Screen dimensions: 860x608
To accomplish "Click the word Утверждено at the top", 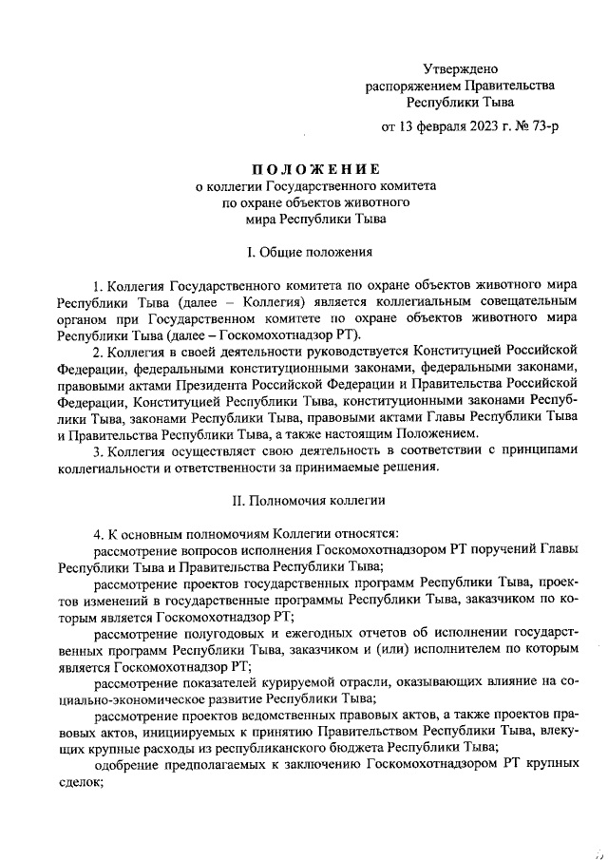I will click(460, 68).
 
